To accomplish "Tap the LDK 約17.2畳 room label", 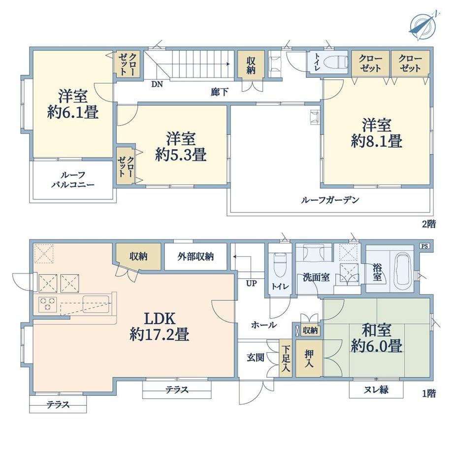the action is (x=160, y=327).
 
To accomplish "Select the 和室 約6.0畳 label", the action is (x=377, y=338).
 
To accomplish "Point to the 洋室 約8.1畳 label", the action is (x=377, y=133).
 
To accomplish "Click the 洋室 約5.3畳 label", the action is (x=181, y=147).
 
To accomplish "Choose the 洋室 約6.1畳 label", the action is (x=73, y=104).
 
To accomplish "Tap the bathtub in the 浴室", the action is (x=403, y=269).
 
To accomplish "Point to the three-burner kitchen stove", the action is (x=47, y=304).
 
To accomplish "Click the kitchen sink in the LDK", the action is (x=96, y=304).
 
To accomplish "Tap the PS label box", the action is (x=424, y=246).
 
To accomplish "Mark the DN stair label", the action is (x=157, y=84).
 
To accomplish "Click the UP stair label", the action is (x=251, y=284).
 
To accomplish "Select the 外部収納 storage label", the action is (x=195, y=256).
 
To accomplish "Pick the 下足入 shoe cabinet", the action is (x=286, y=358).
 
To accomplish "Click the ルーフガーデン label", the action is (x=330, y=200).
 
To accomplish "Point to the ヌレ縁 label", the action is (x=376, y=390).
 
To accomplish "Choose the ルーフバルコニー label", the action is (x=73, y=180).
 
